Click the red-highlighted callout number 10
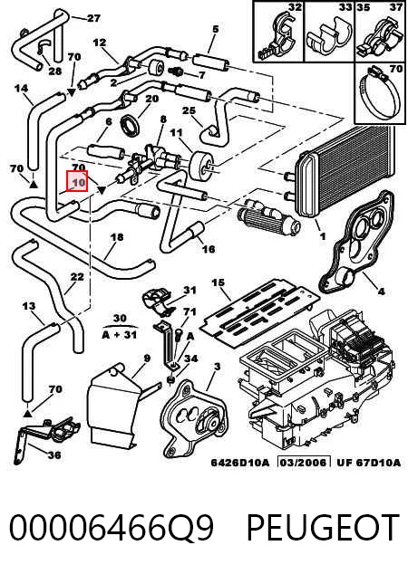[x=77, y=181]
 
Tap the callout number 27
[x=93, y=18]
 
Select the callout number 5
[x=215, y=29]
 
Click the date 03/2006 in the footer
[x=303, y=463]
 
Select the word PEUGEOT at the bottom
[x=323, y=527]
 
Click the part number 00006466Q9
[x=112, y=527]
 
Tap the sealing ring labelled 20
[x=131, y=124]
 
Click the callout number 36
[x=53, y=455]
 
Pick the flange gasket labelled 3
[x=196, y=419]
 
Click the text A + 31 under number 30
[x=119, y=335]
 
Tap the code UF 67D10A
[x=368, y=463]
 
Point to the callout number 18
[x=117, y=237]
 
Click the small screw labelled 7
[x=176, y=71]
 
